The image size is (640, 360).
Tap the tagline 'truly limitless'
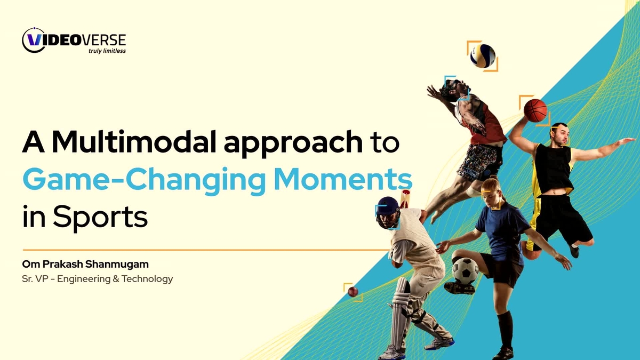[x=107, y=51]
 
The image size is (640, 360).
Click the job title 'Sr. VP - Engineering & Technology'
[x=98, y=278]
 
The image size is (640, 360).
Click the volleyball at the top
[x=483, y=55]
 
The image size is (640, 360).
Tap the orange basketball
[x=535, y=110]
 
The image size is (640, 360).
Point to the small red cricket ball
[x=353, y=291]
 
